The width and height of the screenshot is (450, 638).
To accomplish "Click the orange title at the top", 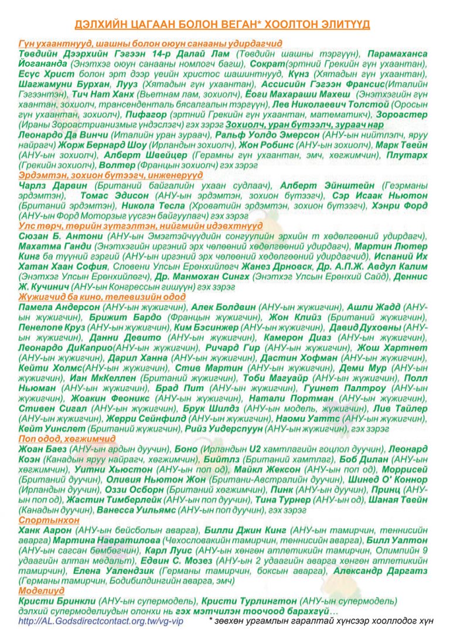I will point(222,24).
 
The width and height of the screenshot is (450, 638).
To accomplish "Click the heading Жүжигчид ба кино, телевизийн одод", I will point(102,297).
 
